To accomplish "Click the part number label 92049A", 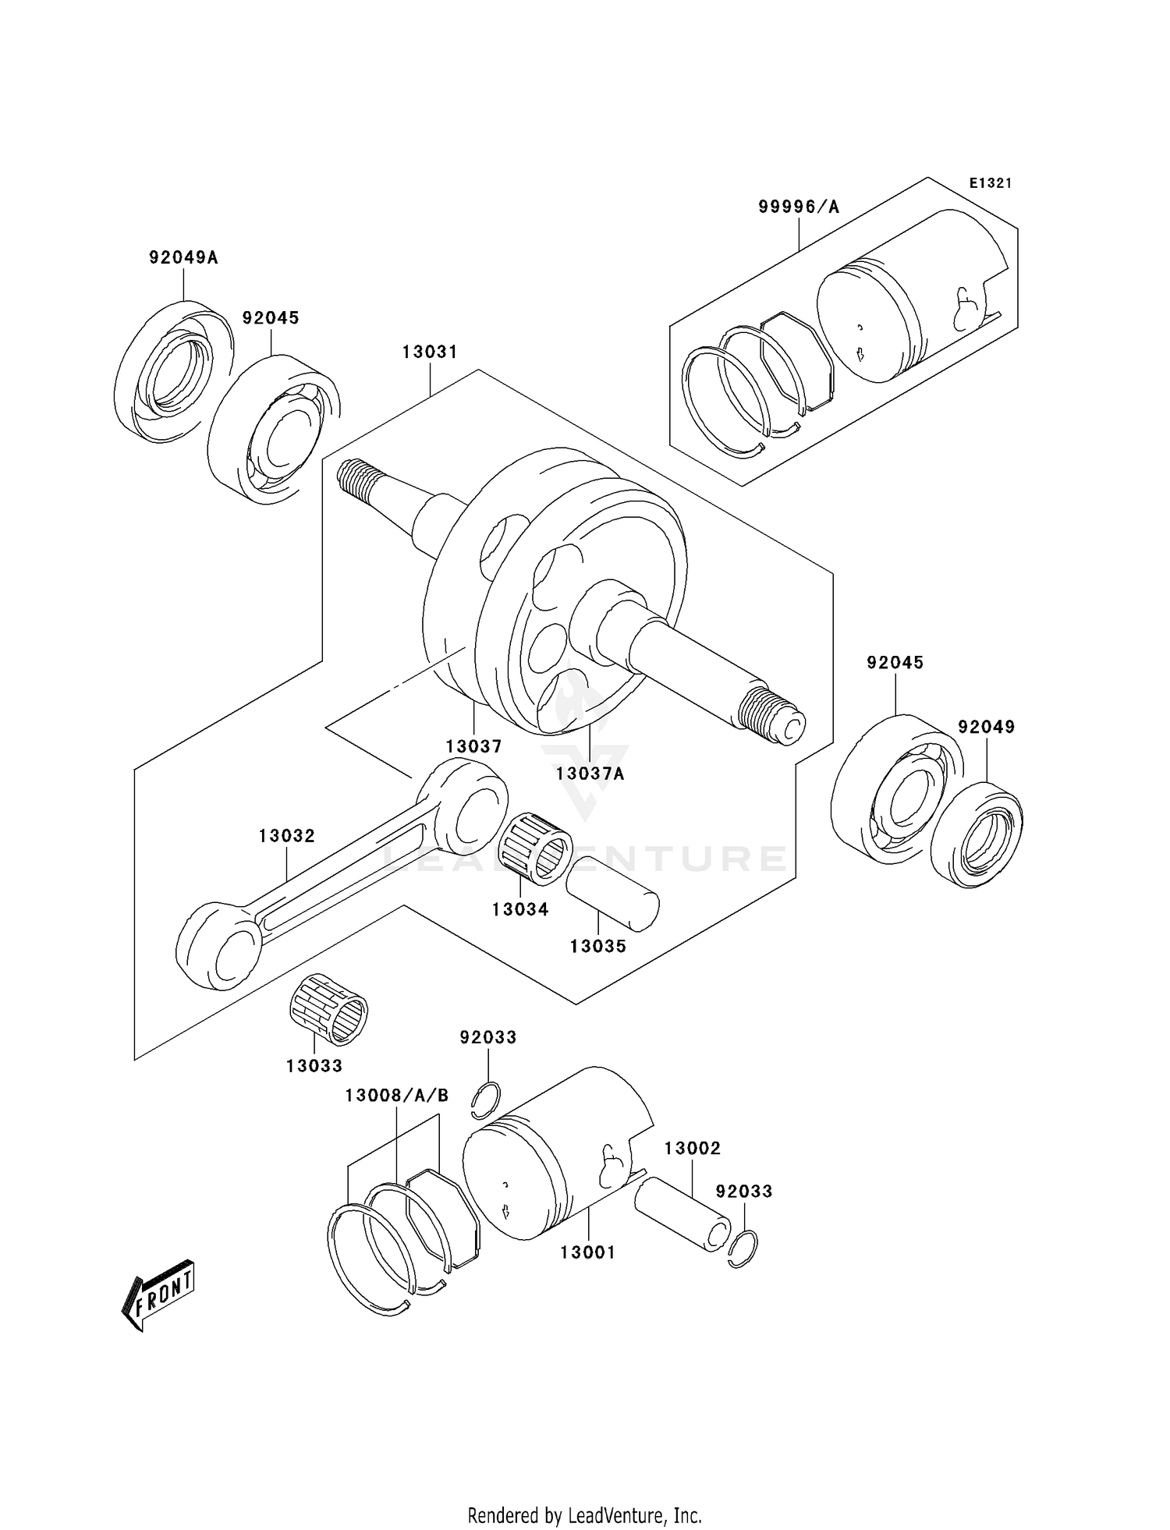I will coord(183,257).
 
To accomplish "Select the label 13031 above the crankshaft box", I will coord(430,352).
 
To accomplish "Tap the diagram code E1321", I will coord(990,183).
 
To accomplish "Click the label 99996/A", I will coord(799,207).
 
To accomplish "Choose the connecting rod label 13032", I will coord(287,836).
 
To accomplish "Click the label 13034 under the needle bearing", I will coord(520,909).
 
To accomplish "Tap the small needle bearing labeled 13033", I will coord(328,1009).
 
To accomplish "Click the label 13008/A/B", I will coord(397,1096).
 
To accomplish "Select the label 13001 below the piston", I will coord(587,1252).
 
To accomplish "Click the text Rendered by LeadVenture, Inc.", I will coord(584,1515).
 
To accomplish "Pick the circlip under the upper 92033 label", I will coord(487,1102).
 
